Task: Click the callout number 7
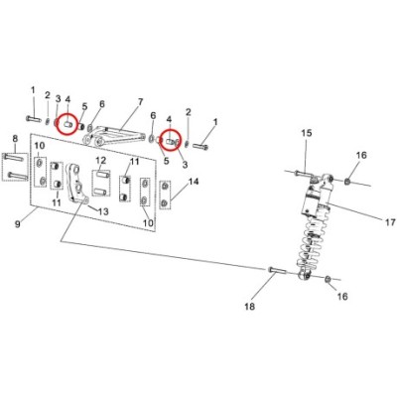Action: tap(140, 102)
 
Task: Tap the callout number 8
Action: tap(15, 139)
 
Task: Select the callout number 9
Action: tap(18, 224)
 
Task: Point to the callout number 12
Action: tap(101, 161)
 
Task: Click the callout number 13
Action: tap(103, 211)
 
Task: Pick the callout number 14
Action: tap(194, 182)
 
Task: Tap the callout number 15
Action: tap(307, 133)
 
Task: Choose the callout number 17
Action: tap(390, 222)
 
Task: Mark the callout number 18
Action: tap(250, 307)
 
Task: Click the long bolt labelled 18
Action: tap(278, 270)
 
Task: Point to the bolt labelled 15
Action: tap(303, 173)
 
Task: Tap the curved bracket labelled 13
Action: tap(76, 183)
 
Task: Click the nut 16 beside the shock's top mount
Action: tap(347, 182)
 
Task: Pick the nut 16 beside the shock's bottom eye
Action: tap(328, 279)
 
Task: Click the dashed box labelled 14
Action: tap(165, 196)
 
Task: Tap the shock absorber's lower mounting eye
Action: tap(305, 275)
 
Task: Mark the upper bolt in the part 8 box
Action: tap(14, 157)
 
